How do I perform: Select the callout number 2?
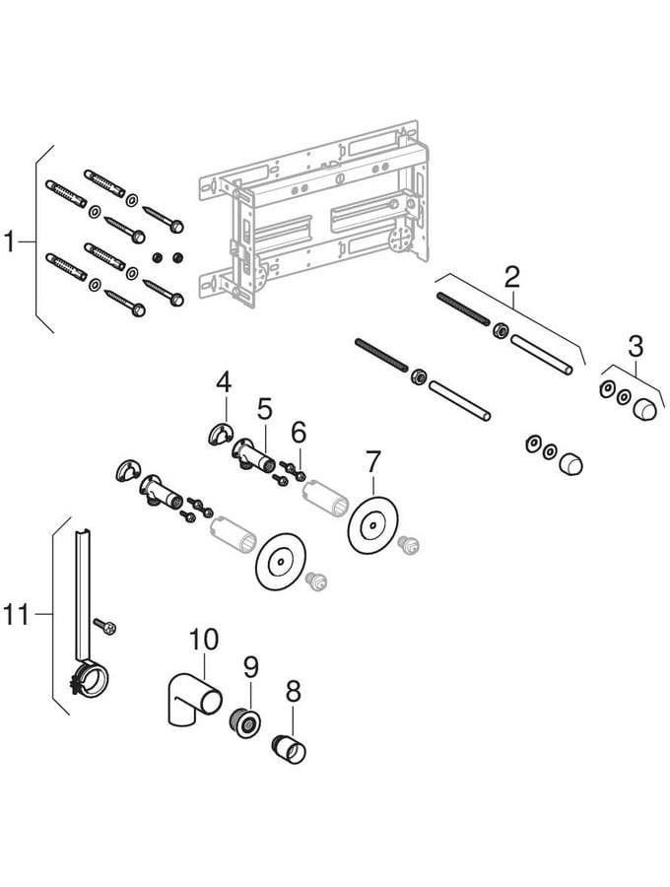510,277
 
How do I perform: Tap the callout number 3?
636,346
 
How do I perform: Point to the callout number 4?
224,380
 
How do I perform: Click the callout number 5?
265,407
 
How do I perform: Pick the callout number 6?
299,431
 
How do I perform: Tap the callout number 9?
250,667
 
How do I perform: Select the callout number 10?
203,640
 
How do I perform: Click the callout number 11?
17,616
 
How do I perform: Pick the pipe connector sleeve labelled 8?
288,748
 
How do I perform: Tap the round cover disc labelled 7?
369,525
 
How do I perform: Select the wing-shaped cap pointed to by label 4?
220,432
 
